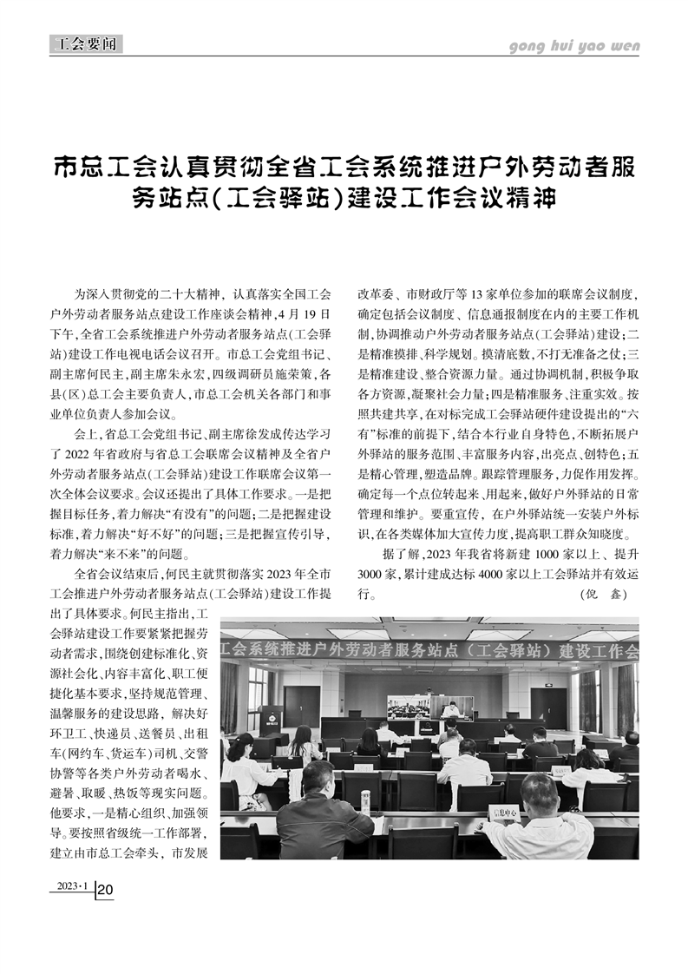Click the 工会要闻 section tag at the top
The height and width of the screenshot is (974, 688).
(x=86, y=43)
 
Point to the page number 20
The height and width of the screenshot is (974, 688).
(x=106, y=890)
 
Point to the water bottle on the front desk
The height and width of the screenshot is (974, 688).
(x=365, y=801)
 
